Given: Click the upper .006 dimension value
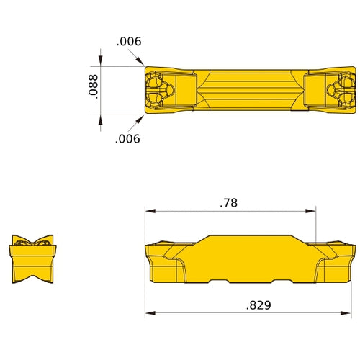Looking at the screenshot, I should pyautogui.click(x=129, y=42).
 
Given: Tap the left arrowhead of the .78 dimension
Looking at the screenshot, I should pyautogui.click(x=149, y=211).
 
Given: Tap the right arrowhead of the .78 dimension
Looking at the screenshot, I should pyautogui.click(x=312, y=211).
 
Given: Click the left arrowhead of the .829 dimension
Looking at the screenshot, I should pyautogui.click(x=149, y=313).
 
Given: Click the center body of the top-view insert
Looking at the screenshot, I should pyautogui.click(x=248, y=90).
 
